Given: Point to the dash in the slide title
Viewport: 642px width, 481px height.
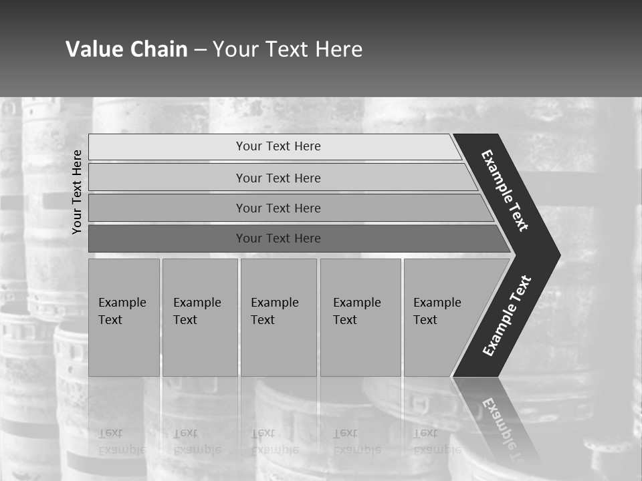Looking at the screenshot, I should click(x=200, y=50).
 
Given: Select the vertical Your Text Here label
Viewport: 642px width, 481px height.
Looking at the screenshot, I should click(x=77, y=192).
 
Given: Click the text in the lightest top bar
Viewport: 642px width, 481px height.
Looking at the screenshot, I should click(x=278, y=146).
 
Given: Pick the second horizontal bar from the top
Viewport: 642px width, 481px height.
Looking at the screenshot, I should click(x=278, y=178).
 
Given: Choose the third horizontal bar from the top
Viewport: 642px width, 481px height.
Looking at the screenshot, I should click(x=278, y=208).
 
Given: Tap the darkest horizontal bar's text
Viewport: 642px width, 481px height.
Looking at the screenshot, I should click(x=278, y=238).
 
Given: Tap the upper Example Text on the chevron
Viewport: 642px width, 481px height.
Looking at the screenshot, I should click(x=505, y=190).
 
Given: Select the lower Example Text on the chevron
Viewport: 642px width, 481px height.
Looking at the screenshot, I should click(x=507, y=316).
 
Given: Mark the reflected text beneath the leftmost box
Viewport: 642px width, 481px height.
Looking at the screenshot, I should click(x=122, y=442).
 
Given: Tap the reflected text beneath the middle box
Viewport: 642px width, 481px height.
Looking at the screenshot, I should click(x=275, y=442).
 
